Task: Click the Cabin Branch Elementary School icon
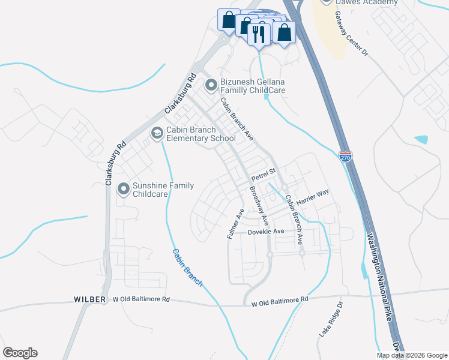pos(157,133)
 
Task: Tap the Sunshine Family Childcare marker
pos(124,190)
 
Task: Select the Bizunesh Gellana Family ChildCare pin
pos(211,86)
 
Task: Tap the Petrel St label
pos(263,175)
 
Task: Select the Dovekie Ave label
pos(265,232)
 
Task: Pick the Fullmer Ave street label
pos(235,224)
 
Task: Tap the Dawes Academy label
pos(366,3)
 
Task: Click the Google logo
pos(20,353)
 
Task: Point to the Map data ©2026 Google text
pos(412,355)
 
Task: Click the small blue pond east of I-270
pos(421,139)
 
